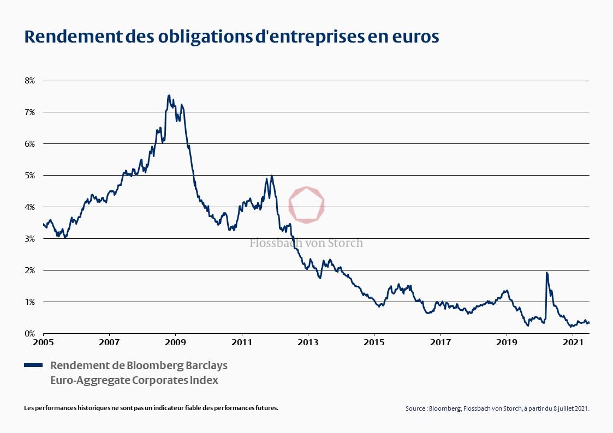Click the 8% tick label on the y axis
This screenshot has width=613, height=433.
(x=29, y=80)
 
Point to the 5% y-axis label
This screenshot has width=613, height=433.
(x=29, y=175)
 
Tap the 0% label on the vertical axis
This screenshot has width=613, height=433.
(x=29, y=333)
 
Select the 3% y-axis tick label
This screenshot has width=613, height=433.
(x=29, y=238)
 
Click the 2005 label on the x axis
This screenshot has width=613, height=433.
(x=43, y=343)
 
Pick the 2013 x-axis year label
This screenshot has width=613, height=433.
(x=308, y=343)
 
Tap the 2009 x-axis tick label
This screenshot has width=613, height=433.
(x=175, y=343)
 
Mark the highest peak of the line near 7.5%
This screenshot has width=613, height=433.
(x=169, y=95)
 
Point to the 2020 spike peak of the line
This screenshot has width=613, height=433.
(x=546, y=272)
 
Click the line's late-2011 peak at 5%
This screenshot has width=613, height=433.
(x=271, y=176)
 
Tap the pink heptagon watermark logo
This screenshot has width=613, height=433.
(x=307, y=205)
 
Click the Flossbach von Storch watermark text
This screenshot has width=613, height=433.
(x=306, y=243)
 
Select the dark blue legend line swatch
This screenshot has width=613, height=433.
(x=33, y=365)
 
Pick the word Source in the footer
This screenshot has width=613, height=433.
(x=416, y=408)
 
